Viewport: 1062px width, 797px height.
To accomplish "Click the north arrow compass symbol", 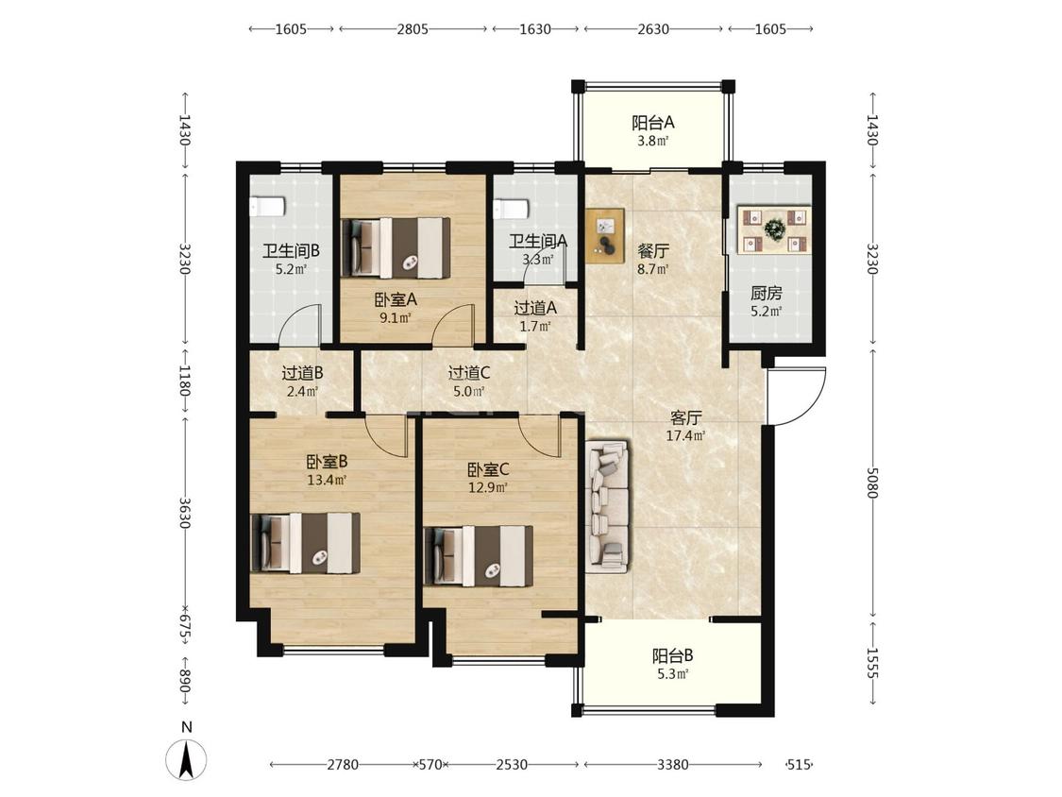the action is (x=186, y=758).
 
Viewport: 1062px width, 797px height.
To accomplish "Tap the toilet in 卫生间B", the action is (x=267, y=206).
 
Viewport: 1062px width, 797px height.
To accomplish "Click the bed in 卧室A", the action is (x=396, y=247).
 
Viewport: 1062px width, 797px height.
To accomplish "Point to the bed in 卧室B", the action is (x=306, y=543).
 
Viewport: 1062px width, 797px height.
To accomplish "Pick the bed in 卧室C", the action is (x=479, y=556).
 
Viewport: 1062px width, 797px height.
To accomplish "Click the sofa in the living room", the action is (x=608, y=505).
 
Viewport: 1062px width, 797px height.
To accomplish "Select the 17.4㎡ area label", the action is (x=685, y=435).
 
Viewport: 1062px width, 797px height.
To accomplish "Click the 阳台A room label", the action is (x=653, y=123).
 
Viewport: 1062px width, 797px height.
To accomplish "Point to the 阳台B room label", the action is (x=672, y=656).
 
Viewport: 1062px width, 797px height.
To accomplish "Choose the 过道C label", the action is (x=468, y=373).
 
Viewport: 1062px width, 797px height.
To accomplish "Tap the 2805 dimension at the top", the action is (x=413, y=29).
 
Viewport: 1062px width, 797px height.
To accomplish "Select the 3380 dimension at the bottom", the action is (x=672, y=765).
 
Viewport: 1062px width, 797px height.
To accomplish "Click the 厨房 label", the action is (x=766, y=294).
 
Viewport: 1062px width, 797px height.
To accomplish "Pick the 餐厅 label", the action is (x=653, y=251).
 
